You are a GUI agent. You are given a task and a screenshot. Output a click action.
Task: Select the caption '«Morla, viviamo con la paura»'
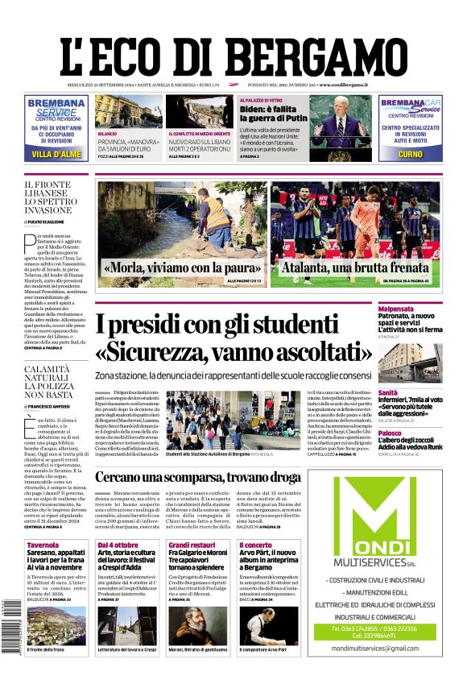coord(181,267)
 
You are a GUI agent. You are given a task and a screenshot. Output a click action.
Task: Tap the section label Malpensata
coord(419,308)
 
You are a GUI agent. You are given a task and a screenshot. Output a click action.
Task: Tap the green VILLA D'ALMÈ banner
coord(56,154)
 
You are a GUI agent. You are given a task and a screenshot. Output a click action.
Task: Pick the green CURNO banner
coord(410,154)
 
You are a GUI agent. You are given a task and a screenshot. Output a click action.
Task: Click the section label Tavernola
coord(42,545)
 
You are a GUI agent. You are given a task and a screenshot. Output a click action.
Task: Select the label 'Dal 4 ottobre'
coord(118,545)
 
